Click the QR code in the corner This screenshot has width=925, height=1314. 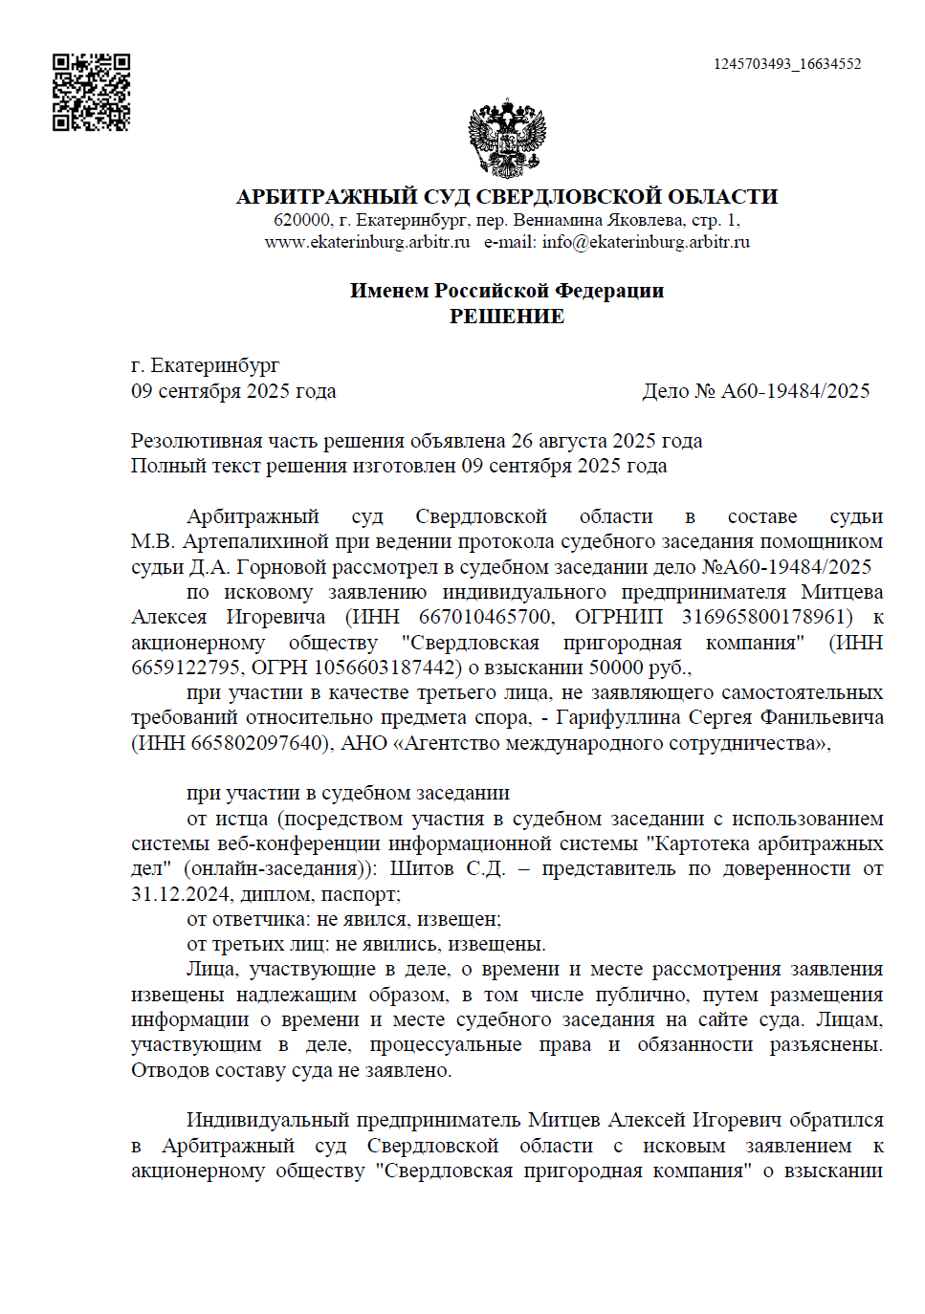pos(91,92)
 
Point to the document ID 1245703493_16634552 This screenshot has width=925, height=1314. pos(786,64)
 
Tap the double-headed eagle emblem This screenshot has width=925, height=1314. pos(507,139)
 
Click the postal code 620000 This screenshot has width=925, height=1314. pos(301,220)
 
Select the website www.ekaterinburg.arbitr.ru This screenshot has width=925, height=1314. pos(367,242)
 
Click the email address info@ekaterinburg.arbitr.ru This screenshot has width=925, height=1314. pos(646,242)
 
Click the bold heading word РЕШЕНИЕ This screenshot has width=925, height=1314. pos(507,317)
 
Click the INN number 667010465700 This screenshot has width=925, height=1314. pos(485,617)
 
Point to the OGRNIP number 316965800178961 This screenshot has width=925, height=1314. pos(766,617)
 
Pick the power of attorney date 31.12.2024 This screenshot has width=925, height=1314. pos(180,894)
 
